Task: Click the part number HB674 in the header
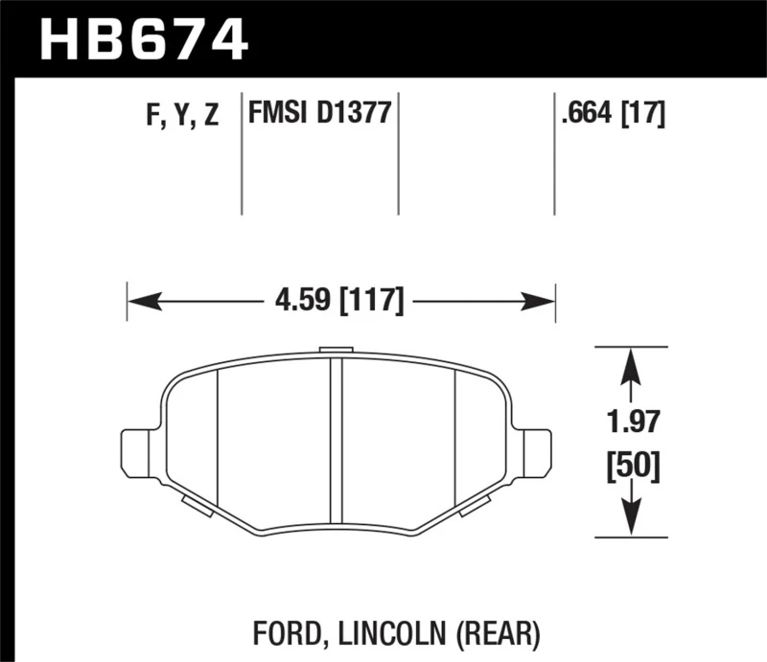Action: point(143,40)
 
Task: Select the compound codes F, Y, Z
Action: point(182,116)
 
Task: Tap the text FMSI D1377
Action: point(319,114)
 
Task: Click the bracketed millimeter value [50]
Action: point(631,468)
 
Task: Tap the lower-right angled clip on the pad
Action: point(476,506)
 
